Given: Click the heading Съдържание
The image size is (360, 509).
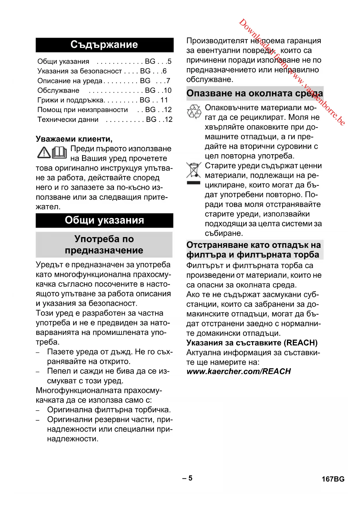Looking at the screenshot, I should pyautogui.click(x=104, y=45).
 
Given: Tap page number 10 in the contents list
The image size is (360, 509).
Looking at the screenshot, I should pyautogui.click(x=167, y=91).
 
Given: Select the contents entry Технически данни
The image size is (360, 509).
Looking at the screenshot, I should pyautogui.click(x=68, y=120).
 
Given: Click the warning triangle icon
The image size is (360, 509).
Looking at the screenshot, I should pyautogui.click(x=44, y=153).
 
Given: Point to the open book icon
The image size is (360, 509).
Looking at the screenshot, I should pyautogui.click(x=59, y=152).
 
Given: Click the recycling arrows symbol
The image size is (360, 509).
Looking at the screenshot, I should pyautogui.click(x=194, y=112).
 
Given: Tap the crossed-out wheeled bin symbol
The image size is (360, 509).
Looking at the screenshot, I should pyautogui.click(x=193, y=171).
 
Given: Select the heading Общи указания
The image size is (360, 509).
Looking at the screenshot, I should pyautogui.click(x=104, y=220).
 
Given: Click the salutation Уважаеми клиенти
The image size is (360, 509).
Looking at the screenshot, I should pyautogui.click(x=74, y=139).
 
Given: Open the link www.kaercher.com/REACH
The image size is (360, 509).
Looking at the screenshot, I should pyautogui.click(x=238, y=371).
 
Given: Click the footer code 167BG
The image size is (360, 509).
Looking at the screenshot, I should pyautogui.click(x=333, y=479).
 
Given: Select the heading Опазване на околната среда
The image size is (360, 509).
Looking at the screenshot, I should pyautogui.click(x=254, y=93).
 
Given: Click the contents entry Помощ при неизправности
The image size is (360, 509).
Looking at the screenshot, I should pyautogui.click(x=83, y=110).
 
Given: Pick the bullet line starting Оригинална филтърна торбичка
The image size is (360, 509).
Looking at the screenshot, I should pyautogui.click(x=109, y=410).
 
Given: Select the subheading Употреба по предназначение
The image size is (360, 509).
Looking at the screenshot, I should pyautogui.click(x=104, y=244).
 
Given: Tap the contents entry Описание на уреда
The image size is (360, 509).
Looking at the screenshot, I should pyautogui.click(x=70, y=81).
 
